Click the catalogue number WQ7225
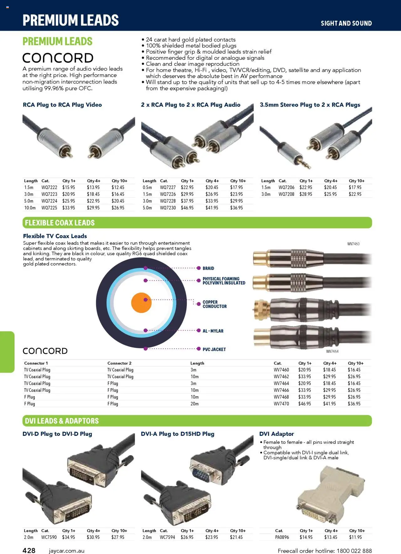coord(49,208)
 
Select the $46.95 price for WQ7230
coord(187,208)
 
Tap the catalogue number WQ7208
coord(286,194)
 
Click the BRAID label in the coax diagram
coord(208,268)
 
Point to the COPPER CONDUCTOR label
coord(214,304)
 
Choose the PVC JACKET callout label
coord(214,349)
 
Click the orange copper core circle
coord(141,303)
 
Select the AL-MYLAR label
coord(213,331)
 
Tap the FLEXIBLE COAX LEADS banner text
coord(60,223)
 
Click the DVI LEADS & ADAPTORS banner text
coord(62,421)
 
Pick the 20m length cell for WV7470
coord(195,404)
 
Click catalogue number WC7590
coord(49,537)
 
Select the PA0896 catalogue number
coord(282,537)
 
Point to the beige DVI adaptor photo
coord(331,495)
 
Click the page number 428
coord(29,551)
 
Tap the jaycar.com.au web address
coord(66,551)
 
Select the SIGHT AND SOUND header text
coord(346,23)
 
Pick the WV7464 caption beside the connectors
coord(332,351)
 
